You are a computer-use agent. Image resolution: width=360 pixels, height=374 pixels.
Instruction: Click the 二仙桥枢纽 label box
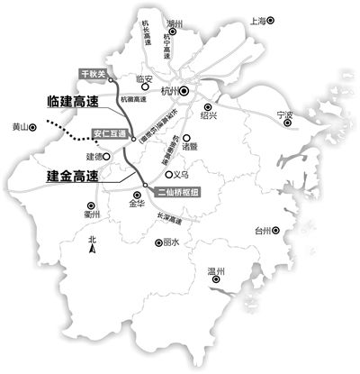point(173,191)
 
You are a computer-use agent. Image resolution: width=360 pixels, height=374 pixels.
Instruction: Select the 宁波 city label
point(284,115)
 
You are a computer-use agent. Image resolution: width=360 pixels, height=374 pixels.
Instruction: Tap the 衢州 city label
point(92,214)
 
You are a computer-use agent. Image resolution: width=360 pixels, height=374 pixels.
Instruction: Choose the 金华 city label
point(136,205)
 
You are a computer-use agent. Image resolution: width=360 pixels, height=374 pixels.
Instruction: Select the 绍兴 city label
point(208,116)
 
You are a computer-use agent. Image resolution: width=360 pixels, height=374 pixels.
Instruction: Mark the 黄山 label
point(18,128)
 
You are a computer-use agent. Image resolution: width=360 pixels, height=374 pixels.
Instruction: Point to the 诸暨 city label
point(189,144)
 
